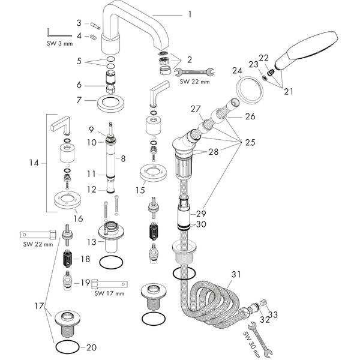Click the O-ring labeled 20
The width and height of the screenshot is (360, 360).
click(66, 346)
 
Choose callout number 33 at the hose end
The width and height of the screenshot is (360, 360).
click(274, 314)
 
